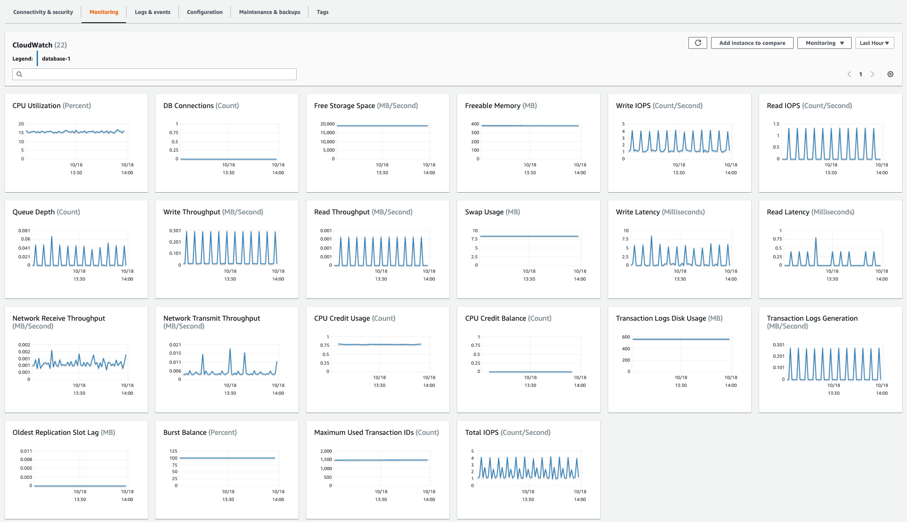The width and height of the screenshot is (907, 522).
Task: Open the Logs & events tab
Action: click(152, 12)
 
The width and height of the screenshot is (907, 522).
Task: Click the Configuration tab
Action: click(205, 12)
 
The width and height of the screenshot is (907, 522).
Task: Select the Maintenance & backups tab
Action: click(270, 12)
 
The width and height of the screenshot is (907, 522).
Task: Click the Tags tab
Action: click(322, 12)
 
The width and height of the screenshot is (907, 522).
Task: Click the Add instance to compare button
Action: click(752, 43)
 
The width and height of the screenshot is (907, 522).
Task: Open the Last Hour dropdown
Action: click(874, 43)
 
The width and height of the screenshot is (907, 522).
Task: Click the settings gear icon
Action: click(890, 74)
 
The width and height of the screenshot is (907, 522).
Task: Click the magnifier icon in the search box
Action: click(20, 74)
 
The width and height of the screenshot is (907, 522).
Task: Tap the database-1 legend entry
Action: click(56, 59)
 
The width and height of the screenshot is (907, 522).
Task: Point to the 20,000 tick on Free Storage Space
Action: click(327, 124)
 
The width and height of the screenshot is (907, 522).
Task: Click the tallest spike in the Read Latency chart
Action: click(816, 238)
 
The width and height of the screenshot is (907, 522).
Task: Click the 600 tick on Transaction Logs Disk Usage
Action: click(626, 337)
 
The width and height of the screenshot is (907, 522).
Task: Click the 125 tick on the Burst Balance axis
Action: click(173, 451)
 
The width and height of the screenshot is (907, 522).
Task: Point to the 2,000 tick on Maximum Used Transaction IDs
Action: click(326, 451)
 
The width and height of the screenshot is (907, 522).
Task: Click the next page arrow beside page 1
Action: click(873, 74)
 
